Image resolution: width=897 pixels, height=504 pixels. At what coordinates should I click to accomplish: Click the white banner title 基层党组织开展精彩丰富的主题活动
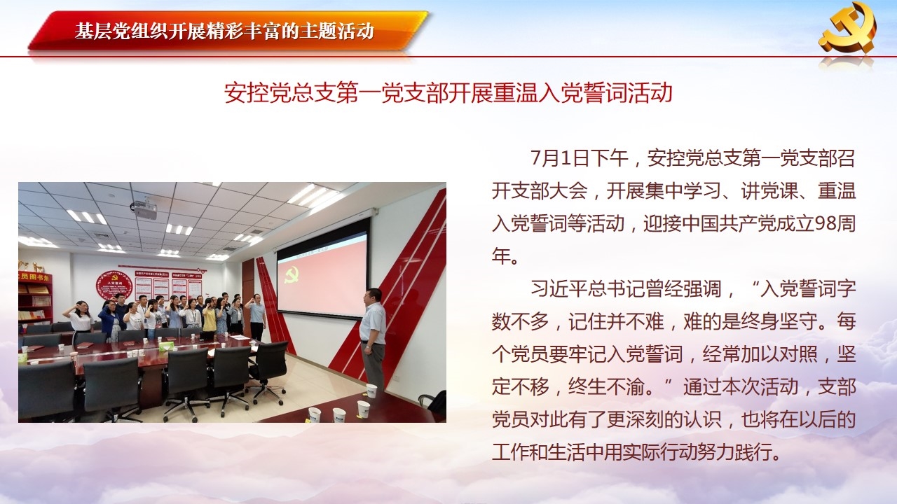pos(225,31)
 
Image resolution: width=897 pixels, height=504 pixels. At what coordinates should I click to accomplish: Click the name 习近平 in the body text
pos(559,288)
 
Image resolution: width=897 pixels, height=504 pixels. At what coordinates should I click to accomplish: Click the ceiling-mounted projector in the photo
pos(144,209)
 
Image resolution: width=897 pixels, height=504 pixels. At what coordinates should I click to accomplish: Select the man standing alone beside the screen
pos(373,338)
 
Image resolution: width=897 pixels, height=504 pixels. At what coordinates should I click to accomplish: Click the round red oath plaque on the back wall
pos(114,285)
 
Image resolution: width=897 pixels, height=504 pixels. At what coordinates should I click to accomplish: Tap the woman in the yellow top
pos(209,317)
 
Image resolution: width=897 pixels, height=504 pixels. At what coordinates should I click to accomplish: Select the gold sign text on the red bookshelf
pos(35,276)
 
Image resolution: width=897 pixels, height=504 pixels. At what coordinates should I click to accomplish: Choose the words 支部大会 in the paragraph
pos(549,190)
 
